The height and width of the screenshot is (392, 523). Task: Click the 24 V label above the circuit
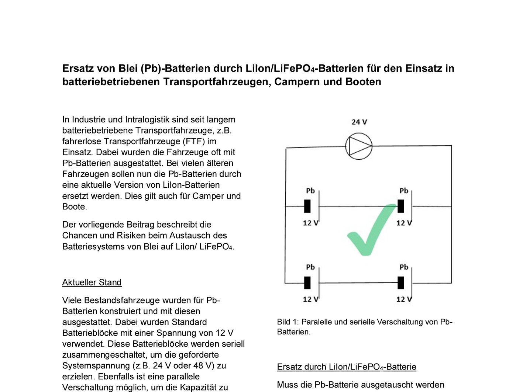coord(359,122)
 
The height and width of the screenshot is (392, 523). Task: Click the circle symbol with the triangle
coord(359,146)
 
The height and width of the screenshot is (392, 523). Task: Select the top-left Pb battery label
coord(310,191)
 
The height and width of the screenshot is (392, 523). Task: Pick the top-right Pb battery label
coord(404,191)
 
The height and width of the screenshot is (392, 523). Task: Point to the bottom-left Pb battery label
coord(310,267)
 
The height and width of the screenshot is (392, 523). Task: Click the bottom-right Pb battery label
coord(404,267)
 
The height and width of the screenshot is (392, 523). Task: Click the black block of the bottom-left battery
coord(307,283)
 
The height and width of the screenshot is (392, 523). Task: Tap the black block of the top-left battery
coord(307,206)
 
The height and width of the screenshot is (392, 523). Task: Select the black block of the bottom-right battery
coord(401,283)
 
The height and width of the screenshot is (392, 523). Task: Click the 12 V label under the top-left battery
coord(310,223)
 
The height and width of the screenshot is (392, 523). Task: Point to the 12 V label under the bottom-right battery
coord(404,299)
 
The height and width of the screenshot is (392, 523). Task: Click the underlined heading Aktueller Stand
coord(92,282)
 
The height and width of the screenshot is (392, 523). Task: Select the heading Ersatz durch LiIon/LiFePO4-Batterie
coord(347,367)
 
